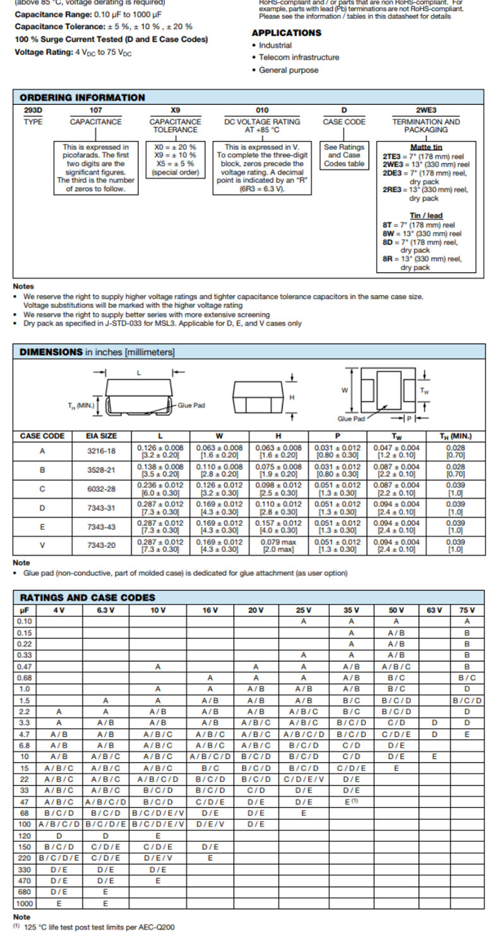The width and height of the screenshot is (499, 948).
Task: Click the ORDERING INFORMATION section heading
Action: (82, 97)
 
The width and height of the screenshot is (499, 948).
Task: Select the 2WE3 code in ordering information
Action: (426, 110)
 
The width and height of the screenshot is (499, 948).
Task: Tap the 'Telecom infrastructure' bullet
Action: (299, 58)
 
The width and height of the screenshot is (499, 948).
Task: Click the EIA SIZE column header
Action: (101, 436)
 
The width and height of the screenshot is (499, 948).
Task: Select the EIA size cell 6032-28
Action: (101, 489)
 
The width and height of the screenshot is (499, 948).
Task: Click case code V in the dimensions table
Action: (42, 545)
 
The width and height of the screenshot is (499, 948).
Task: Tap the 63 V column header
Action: (434, 610)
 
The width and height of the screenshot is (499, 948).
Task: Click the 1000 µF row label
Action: (25, 904)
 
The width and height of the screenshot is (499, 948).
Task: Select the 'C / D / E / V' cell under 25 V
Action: (304, 779)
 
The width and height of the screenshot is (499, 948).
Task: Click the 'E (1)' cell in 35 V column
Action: (351, 802)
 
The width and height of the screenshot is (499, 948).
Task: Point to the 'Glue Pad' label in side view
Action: (191, 406)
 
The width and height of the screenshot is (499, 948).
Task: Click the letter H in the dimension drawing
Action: (291, 398)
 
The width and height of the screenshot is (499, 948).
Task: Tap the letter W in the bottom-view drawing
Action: (345, 390)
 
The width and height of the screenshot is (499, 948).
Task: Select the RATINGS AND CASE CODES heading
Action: (87, 597)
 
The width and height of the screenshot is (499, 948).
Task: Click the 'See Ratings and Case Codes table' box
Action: (344, 155)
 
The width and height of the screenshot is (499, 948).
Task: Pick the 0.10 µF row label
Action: (25, 621)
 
